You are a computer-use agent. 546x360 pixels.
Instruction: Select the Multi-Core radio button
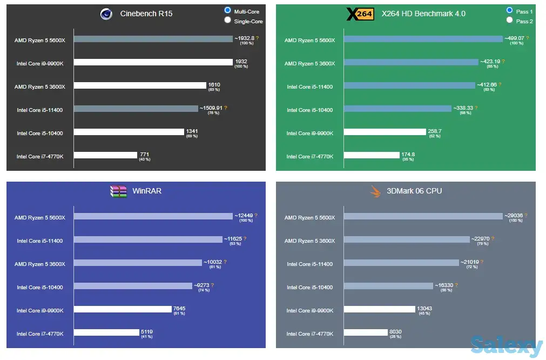click(x=228, y=10)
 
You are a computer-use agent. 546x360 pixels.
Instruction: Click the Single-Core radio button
click(x=228, y=21)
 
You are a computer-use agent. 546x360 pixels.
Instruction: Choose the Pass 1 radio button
click(x=509, y=10)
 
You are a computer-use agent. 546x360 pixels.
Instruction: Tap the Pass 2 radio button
click(x=509, y=21)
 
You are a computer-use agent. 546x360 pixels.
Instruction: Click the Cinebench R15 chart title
click(x=146, y=14)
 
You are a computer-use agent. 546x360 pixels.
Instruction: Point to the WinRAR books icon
click(x=118, y=191)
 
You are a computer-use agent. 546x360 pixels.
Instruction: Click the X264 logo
click(x=360, y=14)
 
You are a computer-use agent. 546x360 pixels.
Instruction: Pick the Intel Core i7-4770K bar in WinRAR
click(x=106, y=332)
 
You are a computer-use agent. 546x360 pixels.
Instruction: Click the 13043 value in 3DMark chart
click(x=424, y=308)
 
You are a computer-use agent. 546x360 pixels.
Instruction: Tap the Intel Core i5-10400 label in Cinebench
click(x=39, y=134)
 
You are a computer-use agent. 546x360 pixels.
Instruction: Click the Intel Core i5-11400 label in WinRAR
click(x=39, y=241)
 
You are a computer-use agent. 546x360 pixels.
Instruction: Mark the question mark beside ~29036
click(x=526, y=215)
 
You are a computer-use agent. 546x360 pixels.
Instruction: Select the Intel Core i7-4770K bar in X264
click(x=378, y=155)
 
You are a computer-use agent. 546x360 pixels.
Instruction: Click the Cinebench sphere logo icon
click(x=106, y=14)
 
